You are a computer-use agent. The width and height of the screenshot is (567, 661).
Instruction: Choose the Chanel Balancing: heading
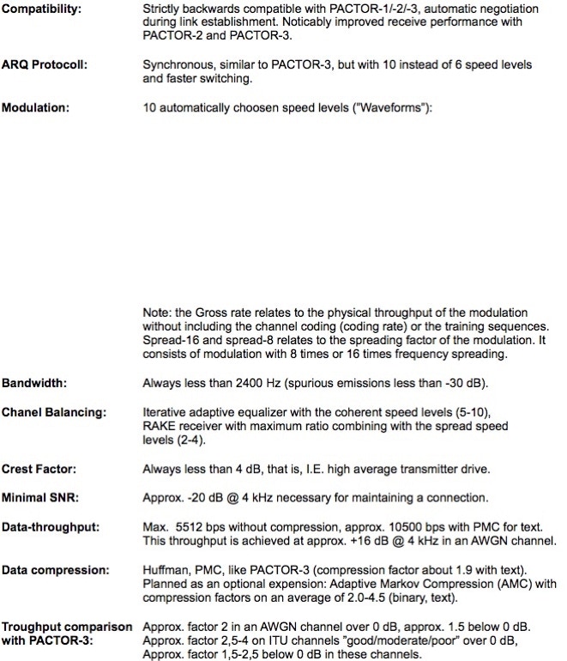[x=54, y=412]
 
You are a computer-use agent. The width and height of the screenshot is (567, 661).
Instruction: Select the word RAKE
[x=160, y=426]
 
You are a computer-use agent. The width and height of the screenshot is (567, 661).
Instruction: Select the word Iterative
[x=165, y=412]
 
